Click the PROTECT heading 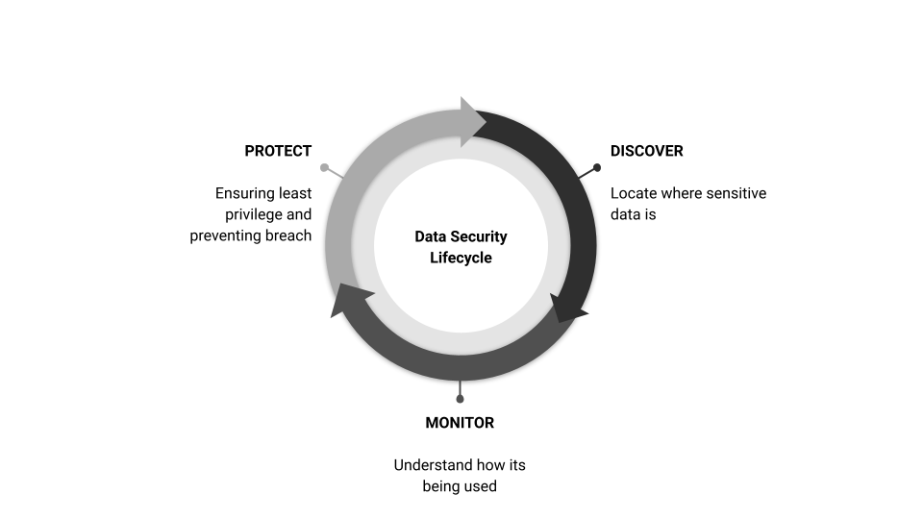(x=278, y=151)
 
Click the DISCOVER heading (x=646, y=151)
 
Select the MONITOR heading (x=460, y=423)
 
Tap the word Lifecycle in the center (x=461, y=258)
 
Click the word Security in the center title (x=478, y=236)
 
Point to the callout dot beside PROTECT (x=324, y=167)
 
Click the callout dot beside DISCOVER (x=597, y=167)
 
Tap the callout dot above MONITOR (x=460, y=399)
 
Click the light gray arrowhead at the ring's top (x=472, y=122)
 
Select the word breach (x=288, y=236)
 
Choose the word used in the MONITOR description (x=482, y=486)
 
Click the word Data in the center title (x=429, y=236)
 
